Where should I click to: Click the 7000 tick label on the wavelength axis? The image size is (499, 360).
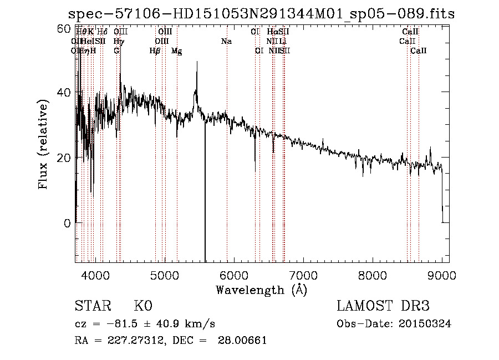303,276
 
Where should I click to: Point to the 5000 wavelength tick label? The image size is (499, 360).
164,276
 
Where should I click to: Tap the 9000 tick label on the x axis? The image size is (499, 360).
442,276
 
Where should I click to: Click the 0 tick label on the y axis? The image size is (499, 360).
67,224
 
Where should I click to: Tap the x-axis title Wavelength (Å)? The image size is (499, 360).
261,290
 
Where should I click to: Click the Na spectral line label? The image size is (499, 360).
226,42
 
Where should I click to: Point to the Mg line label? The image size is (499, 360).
176,51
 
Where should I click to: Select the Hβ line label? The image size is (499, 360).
155,51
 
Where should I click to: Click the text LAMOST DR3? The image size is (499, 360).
383,306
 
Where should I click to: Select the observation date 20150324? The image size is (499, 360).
428,324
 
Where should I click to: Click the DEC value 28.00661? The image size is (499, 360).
243,341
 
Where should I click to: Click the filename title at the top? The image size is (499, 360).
261,14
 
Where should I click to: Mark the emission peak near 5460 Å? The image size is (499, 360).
196,62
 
